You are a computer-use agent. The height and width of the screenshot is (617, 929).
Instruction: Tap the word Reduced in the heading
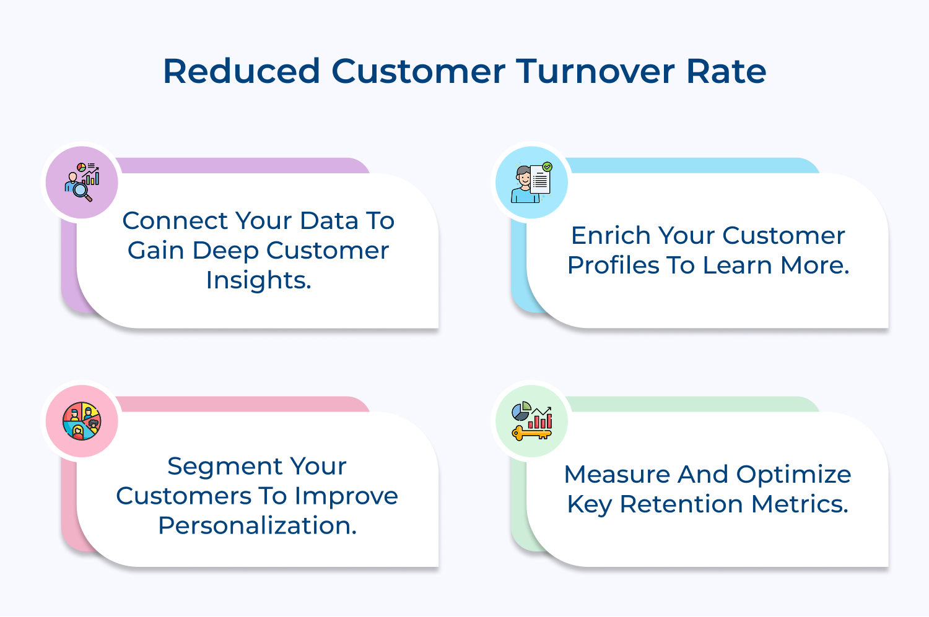[242, 71]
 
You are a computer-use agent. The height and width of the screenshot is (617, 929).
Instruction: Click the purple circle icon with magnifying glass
[82, 183]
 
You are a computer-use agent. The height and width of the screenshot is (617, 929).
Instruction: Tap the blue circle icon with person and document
[531, 183]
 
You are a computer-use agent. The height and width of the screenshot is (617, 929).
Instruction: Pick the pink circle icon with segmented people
[82, 421]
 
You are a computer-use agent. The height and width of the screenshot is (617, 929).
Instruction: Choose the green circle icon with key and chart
[531, 421]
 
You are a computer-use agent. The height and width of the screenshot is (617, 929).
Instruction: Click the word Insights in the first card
[258, 280]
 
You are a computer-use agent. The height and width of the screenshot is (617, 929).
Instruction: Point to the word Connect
[175, 221]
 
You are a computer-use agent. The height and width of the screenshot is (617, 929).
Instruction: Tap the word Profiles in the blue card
[613, 265]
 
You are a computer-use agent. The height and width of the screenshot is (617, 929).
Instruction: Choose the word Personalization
[257, 525]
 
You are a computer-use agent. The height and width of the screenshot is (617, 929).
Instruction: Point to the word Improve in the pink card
[346, 496]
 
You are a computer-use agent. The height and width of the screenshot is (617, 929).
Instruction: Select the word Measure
[617, 475]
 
